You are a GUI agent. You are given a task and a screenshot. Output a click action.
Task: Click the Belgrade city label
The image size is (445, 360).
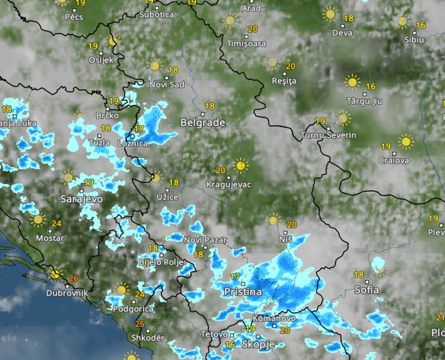(203, 123)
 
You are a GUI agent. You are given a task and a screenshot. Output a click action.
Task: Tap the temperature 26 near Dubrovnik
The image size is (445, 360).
(73, 279)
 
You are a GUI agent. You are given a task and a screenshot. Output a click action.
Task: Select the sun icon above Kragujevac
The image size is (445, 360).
(241, 166)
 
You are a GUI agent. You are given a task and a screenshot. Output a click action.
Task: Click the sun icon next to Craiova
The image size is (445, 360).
(406, 141)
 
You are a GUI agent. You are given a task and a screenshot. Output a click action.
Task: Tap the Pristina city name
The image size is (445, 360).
(242, 291)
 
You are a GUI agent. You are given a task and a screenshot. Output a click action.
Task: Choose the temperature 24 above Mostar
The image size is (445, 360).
(57, 224)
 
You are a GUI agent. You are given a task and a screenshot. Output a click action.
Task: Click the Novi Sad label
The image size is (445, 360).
(167, 84)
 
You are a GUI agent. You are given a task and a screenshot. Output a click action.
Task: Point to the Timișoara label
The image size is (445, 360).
(247, 43)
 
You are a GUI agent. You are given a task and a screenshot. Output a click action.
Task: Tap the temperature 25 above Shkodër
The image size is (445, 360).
(139, 324)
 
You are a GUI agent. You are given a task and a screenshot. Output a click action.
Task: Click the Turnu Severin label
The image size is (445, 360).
(328, 136)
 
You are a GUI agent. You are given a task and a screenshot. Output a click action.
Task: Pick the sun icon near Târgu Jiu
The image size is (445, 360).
(352, 82)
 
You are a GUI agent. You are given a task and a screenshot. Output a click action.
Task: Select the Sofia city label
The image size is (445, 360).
(366, 289)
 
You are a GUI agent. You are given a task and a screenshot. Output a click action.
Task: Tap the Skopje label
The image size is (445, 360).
(258, 344)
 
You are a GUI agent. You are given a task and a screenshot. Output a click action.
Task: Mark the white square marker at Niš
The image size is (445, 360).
(286, 232)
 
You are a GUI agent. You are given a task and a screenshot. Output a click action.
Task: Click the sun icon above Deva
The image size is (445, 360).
(330, 14)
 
